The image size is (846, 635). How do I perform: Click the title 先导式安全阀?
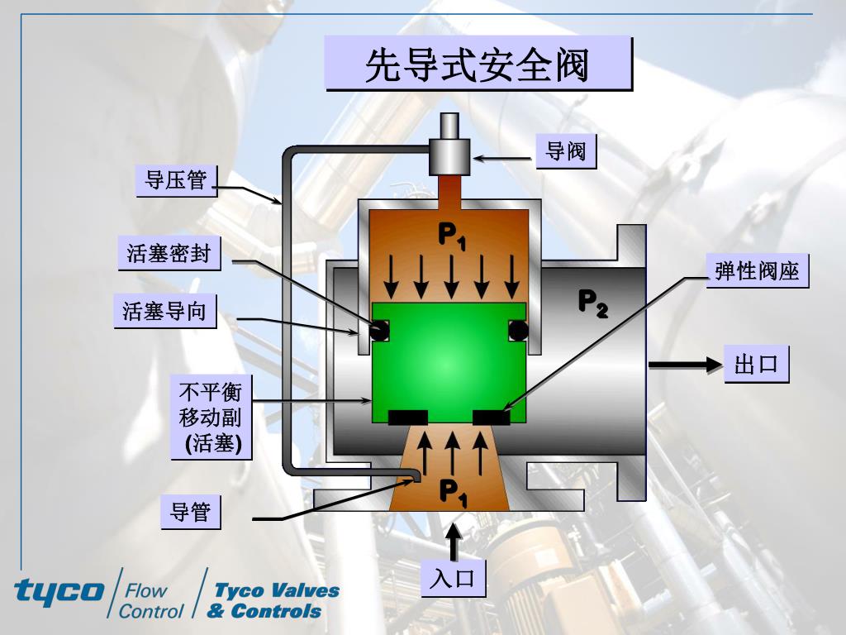click(478, 64)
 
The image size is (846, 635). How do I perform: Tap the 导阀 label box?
click(566, 150)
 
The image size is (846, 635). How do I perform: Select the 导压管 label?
click(176, 180)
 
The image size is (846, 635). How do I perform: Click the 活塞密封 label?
click(169, 252)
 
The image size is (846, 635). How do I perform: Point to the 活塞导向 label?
click(164, 311)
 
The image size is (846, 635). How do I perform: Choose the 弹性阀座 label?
click(758, 270)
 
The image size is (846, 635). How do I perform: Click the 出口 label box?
click(757, 364)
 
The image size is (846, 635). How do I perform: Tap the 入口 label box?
click(453, 578)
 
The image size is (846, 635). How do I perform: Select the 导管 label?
click(190, 512)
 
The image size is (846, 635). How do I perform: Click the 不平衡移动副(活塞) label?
click(211, 418)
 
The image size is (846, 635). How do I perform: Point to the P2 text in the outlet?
click(592, 303)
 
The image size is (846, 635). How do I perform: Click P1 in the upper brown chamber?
click(451, 236)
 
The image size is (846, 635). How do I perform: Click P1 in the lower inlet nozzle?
click(452, 493)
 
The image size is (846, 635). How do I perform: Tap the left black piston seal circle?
click(380, 331)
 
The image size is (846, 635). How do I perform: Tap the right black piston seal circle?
click(518, 331)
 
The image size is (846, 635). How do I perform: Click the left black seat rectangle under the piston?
click(407, 418)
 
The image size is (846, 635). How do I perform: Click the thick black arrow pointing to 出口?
click(686, 364)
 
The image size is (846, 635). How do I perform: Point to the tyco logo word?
click(59, 590)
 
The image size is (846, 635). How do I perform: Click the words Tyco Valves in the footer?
click(277, 590)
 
